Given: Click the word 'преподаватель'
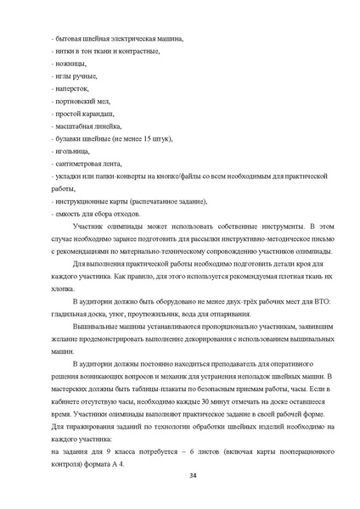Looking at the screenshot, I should click(x=200, y=363).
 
